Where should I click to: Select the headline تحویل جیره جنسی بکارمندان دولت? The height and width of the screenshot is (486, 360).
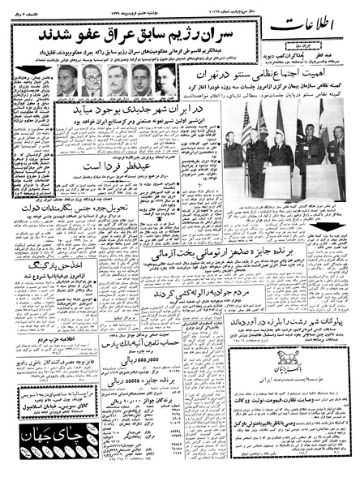[90, 240]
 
